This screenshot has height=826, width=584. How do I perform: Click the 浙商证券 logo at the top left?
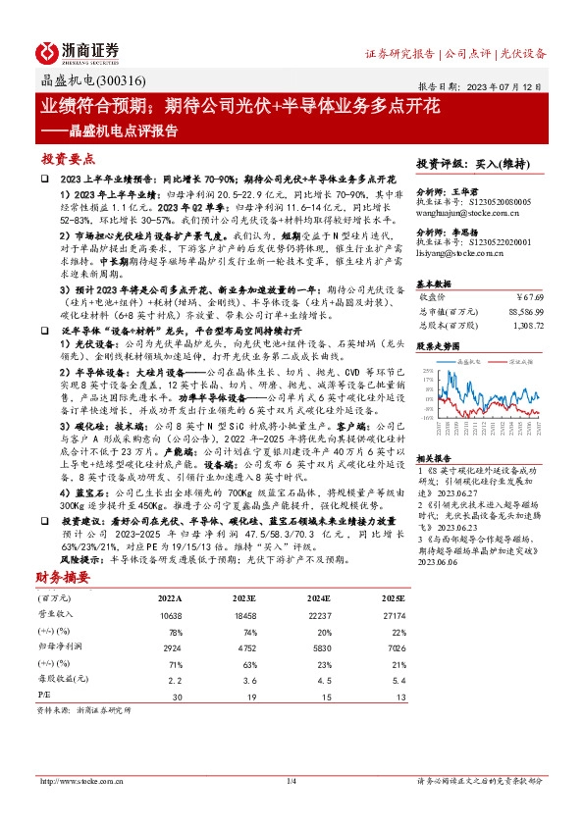point(78,51)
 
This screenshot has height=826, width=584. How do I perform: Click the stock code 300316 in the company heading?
point(117,81)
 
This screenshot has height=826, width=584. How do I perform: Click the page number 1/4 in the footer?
point(292,781)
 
